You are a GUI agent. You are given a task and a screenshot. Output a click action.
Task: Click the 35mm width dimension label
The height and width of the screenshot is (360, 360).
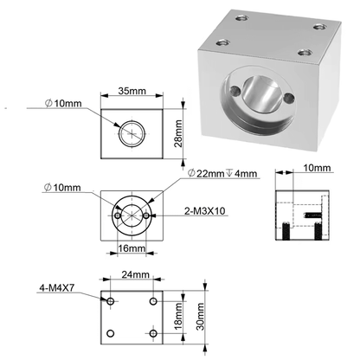click(132, 89)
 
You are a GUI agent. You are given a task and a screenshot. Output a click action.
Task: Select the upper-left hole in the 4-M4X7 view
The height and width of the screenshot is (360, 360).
click(109, 301)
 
